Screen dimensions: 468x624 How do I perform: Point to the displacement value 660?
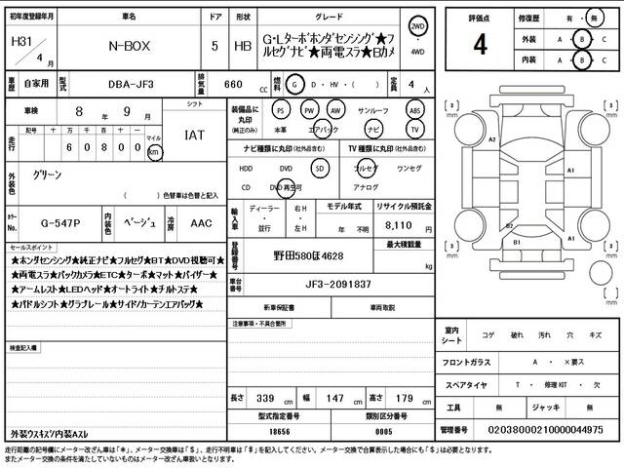234,86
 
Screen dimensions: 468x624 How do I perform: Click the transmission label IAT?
194,136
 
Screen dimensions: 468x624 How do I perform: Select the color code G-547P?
45,222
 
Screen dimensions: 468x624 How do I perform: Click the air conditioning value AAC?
200,222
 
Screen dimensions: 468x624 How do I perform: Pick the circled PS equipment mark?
281,109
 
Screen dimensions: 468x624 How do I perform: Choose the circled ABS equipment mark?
415,109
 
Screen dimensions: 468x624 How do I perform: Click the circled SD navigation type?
318,167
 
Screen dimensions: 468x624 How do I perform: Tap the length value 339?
264,398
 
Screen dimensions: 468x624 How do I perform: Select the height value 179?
406,398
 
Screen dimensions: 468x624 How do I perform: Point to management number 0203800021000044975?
548,429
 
